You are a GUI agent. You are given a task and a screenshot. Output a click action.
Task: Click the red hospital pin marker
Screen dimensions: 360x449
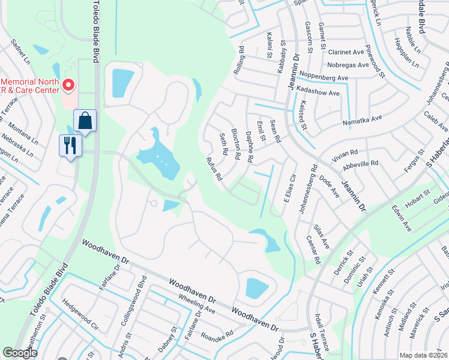68,86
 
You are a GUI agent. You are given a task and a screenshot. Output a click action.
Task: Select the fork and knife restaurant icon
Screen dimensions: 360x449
70,146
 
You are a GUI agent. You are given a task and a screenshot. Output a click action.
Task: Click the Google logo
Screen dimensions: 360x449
20,353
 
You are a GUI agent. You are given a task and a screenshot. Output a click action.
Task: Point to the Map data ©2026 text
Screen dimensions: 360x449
424,355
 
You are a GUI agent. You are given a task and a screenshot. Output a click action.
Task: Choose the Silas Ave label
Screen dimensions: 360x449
321,237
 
